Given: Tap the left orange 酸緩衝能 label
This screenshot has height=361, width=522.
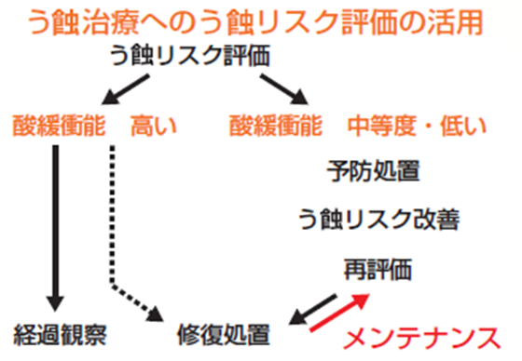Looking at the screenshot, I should pyautogui.click(x=58, y=123).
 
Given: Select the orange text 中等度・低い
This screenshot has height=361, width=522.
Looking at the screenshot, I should pyautogui.click(x=416, y=123).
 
